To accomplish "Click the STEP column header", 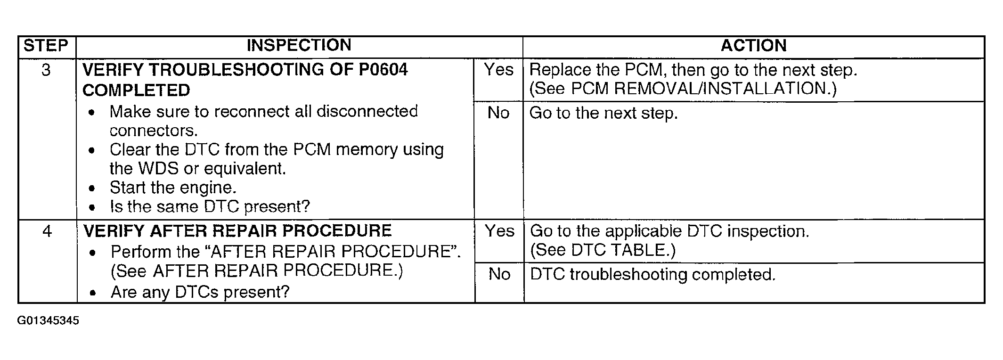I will click(x=46, y=46).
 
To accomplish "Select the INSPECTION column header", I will click(x=299, y=45).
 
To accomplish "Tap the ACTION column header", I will click(x=753, y=46).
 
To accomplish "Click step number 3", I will click(x=46, y=70).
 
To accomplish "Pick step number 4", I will click(x=47, y=231).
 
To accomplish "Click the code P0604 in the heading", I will click(x=383, y=70).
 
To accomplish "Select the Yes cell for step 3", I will click(x=498, y=70).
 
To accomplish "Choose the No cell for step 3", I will click(x=498, y=113).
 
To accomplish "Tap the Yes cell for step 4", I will click(x=499, y=231).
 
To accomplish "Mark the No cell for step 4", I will click(x=499, y=274).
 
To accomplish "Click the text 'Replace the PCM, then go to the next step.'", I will click(x=693, y=70).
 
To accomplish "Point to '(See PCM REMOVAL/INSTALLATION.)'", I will click(x=683, y=89).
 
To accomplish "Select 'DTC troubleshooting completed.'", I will click(x=652, y=275).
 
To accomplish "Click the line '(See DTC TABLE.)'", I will click(x=603, y=250).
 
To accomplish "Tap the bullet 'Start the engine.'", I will click(x=172, y=188).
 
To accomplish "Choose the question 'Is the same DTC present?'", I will click(x=210, y=206).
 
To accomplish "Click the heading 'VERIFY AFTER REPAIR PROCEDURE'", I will click(x=237, y=231).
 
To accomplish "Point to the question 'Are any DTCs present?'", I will click(x=200, y=293).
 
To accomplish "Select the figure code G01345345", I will click(x=48, y=321).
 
